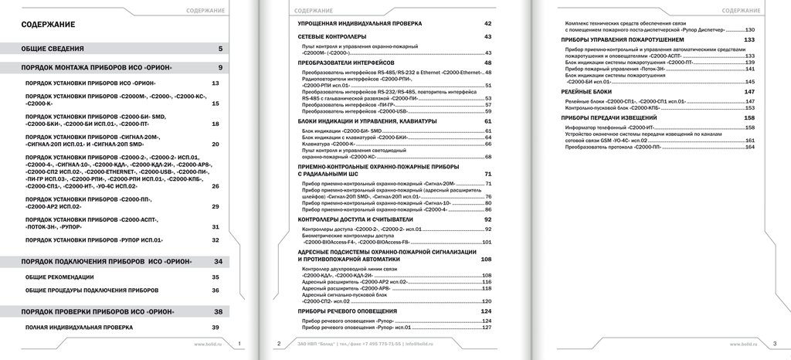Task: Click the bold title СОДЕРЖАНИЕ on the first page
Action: coord(48,25)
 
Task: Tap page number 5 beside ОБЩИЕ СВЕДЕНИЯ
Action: coord(220,49)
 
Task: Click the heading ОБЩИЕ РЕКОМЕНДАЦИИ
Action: coord(59,277)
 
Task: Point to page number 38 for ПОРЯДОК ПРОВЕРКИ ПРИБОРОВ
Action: coord(218,311)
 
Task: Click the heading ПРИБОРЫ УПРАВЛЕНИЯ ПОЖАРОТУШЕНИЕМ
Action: coord(622,39)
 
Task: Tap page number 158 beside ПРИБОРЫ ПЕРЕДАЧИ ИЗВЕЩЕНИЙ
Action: coord(749,117)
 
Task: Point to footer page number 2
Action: coord(278,343)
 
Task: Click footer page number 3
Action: coord(776,343)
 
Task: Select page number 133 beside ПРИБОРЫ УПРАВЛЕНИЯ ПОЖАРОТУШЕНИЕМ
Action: coord(749,39)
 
